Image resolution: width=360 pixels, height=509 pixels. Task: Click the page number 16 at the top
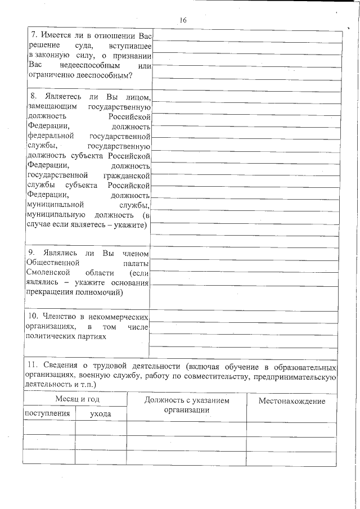tap(183, 20)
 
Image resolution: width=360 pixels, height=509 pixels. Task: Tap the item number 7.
tap(34, 35)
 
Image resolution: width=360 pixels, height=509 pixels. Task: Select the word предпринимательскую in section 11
tap(295, 376)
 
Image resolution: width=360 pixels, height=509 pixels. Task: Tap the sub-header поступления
tap(47, 413)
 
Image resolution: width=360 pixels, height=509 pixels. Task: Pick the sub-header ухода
tap(101, 414)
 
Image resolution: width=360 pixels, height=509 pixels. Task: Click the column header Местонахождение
tap(292, 401)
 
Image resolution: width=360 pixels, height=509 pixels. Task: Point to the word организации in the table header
tap(187, 410)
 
